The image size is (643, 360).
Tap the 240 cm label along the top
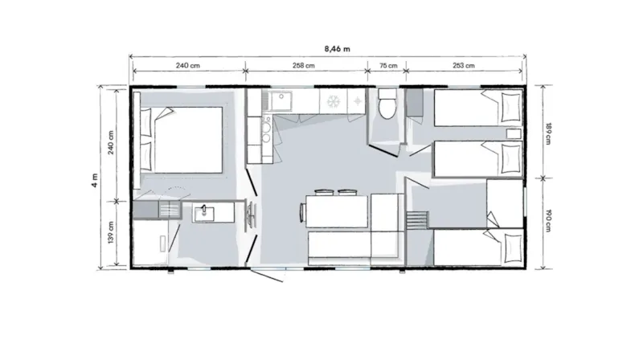pyautogui.click(x=189, y=66)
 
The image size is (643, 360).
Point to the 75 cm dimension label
pyautogui.click(x=387, y=66)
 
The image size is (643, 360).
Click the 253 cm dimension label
pyautogui.click(x=464, y=66)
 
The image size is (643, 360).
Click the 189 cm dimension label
pyautogui.click(x=548, y=130)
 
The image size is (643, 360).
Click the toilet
pyautogui.click(x=386, y=104)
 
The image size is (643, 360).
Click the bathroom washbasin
pyautogui.click(x=204, y=211)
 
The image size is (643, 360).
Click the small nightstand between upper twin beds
pyautogui.click(x=512, y=133)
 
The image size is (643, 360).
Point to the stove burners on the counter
pyautogui.click(x=354, y=101)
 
